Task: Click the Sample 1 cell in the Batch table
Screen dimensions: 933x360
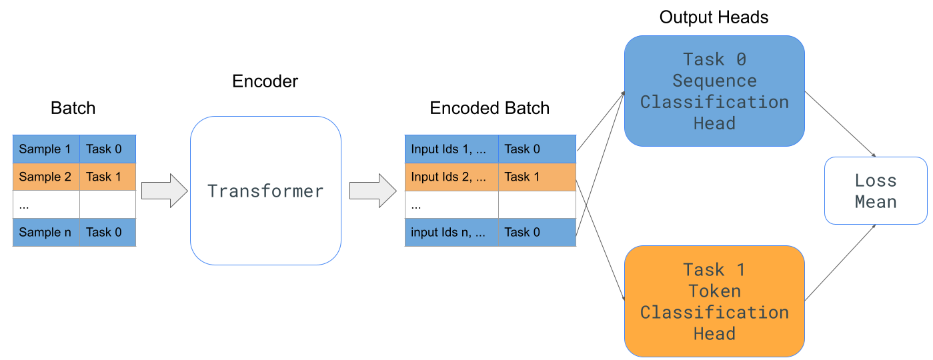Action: (46, 149)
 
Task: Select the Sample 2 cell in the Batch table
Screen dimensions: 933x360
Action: (46, 177)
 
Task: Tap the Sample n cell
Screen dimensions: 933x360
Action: (46, 232)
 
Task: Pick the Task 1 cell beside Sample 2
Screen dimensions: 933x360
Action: (107, 177)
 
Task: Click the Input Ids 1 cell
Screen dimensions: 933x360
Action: (451, 149)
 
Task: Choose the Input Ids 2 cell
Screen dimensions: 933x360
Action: (451, 177)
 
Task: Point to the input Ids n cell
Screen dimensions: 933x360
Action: (451, 232)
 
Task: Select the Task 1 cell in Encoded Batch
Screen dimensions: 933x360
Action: (537, 177)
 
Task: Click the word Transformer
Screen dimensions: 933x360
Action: (265, 191)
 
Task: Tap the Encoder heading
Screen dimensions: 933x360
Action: (265, 81)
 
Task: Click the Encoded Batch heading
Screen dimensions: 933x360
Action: (490, 108)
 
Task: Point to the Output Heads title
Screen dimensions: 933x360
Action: (714, 17)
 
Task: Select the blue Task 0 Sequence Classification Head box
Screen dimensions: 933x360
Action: (714, 91)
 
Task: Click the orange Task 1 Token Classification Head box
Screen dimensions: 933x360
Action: (714, 301)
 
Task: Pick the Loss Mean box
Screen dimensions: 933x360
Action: (876, 191)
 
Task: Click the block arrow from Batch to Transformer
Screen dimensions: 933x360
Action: (165, 191)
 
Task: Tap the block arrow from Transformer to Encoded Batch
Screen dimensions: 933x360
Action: (373, 191)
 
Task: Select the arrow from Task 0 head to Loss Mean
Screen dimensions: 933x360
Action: (840, 124)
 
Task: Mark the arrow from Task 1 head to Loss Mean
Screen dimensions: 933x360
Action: (840, 263)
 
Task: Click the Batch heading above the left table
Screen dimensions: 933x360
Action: (73, 108)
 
